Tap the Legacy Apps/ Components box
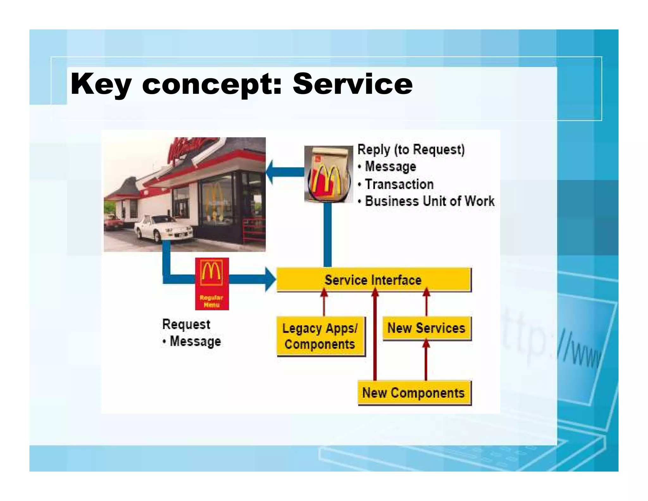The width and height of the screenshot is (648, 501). point(320,336)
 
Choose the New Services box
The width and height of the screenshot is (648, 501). point(426,328)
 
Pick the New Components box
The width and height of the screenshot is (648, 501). point(414,393)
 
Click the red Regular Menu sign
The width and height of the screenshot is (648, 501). point(212,284)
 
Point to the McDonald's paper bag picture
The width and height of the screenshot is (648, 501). point(328,174)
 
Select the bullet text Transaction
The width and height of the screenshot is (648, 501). point(399,184)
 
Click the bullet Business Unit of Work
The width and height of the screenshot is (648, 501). point(429,201)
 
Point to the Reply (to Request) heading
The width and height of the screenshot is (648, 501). point(411,149)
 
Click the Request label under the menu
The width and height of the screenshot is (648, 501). point(186,324)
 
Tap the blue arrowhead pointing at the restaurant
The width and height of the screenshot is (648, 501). point(270,172)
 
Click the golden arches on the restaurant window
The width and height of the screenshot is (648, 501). point(214,200)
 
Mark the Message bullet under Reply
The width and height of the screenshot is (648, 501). point(390,167)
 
